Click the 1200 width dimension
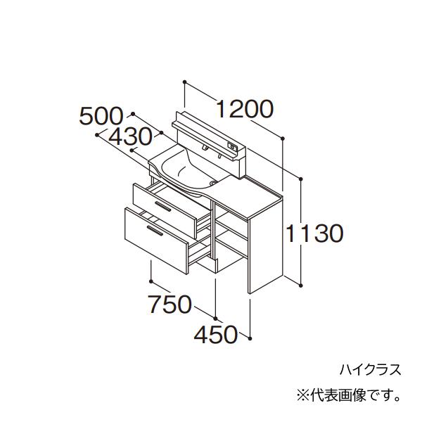pyautogui.click(x=245, y=109)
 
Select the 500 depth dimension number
pyautogui.click(x=101, y=117)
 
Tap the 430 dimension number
pyautogui.click(x=130, y=137)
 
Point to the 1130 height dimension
pyautogui.click(x=314, y=234)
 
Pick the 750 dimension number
pyautogui.click(x=170, y=305)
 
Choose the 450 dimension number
pyautogui.click(x=216, y=335)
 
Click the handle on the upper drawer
pyautogui.click(x=163, y=206)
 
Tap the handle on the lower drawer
pyautogui.click(x=155, y=231)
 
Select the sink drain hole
pyautogui.click(x=213, y=183)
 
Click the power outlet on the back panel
pyautogui.click(x=232, y=146)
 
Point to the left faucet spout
pyautogui.click(x=204, y=147)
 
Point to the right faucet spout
pyautogui.click(x=220, y=156)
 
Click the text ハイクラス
pyautogui.click(x=371, y=370)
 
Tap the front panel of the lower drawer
pyautogui.click(x=156, y=241)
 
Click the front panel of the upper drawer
pyautogui.click(x=165, y=211)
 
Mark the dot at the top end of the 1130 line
pyautogui.click(x=301, y=179)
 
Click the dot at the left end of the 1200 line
pyautogui.click(x=184, y=82)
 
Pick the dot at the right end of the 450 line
pyautogui.click(x=250, y=338)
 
